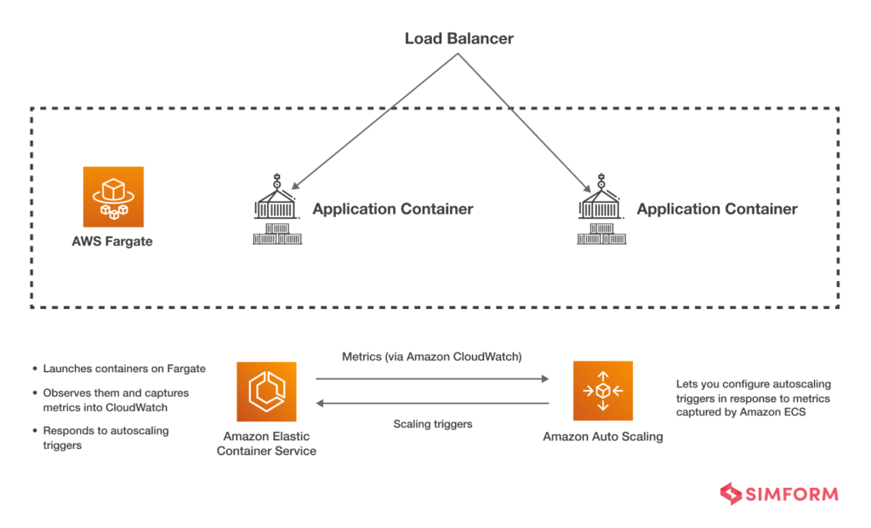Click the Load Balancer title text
(458, 38)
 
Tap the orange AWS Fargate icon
(113, 197)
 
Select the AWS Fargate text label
(112, 241)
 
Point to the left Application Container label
(392, 209)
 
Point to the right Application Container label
(716, 209)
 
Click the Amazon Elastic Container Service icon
(266, 391)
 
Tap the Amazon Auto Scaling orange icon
(602, 391)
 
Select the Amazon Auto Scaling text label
(602, 437)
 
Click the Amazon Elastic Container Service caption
(266, 443)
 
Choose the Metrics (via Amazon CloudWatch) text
(432, 357)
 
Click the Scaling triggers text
(432, 423)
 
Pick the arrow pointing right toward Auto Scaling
(432, 379)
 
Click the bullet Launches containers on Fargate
(124, 369)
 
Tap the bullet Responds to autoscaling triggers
(105, 438)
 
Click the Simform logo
(778, 494)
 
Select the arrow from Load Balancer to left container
(374, 120)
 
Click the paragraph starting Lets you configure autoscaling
(753, 398)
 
